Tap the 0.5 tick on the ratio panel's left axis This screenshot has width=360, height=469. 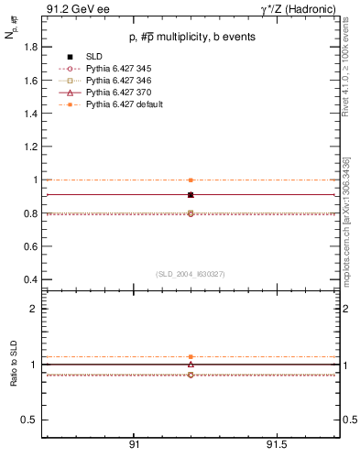pyautogui.click(x=30, y=420)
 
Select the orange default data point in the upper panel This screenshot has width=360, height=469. pyautogui.click(x=191, y=180)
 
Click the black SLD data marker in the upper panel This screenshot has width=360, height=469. pyautogui.click(x=191, y=195)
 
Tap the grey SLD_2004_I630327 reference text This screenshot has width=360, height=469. pyautogui.click(x=190, y=274)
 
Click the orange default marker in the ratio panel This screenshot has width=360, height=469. pyautogui.click(x=191, y=356)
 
